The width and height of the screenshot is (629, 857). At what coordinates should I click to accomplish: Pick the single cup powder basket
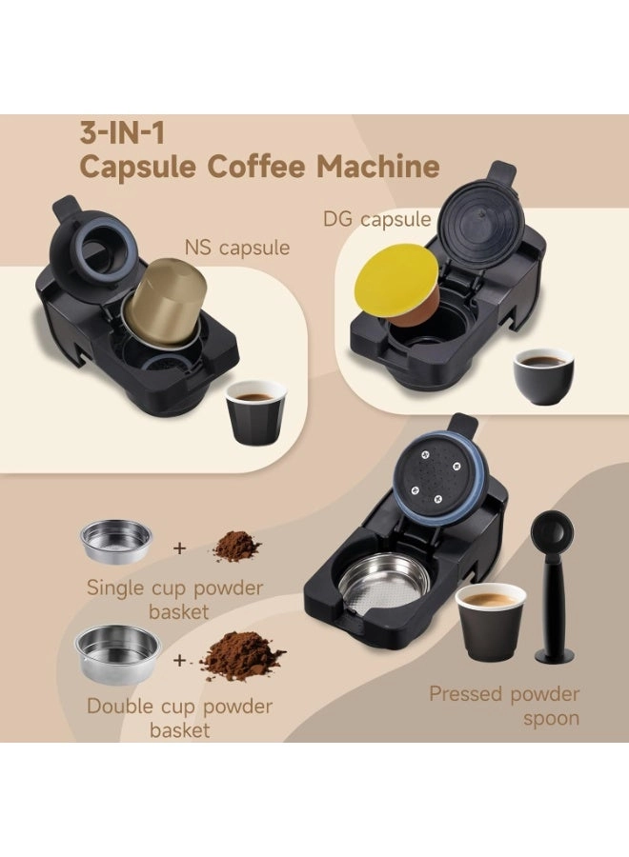[116, 542]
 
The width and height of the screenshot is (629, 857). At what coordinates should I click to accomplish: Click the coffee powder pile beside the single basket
[234, 546]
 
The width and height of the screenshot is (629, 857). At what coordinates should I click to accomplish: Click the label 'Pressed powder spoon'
[504, 705]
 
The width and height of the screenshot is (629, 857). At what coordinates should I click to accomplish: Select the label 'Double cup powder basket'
[179, 718]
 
